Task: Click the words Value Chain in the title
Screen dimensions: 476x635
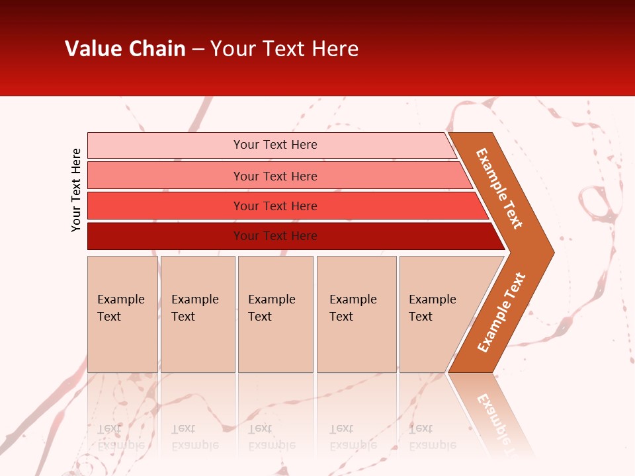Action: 125,49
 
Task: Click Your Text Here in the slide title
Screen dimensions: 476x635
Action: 284,49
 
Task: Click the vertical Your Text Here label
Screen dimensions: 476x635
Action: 76,190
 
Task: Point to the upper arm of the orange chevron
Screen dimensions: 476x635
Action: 499,188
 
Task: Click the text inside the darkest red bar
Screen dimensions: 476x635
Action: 275,236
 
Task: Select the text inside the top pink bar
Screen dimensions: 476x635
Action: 275,145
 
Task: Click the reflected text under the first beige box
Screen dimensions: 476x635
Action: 120,436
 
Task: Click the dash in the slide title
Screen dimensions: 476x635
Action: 198,50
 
